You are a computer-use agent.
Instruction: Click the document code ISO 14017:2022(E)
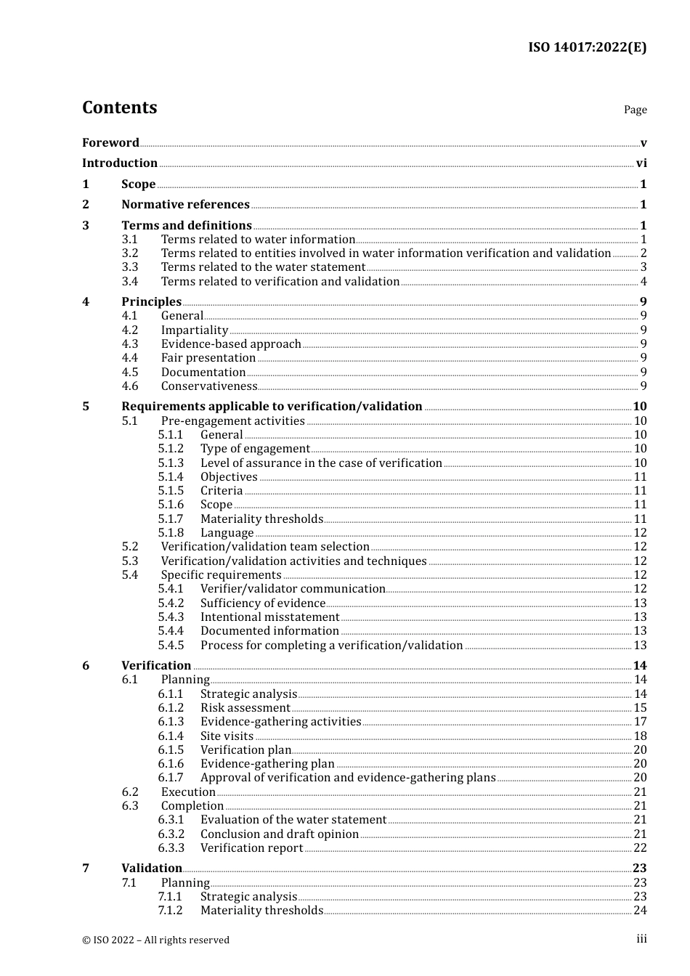587,47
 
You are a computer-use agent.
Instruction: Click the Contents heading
119,107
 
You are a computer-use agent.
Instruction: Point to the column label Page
635,110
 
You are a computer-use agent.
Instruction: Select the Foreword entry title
110,143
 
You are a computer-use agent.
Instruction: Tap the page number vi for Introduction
641,163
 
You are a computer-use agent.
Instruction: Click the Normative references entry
185,205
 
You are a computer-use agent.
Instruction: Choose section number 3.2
130,253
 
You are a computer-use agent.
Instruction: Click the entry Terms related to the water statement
263,267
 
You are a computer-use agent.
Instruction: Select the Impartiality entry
195,330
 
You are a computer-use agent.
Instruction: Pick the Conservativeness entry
209,386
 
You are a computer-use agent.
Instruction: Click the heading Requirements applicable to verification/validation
272,407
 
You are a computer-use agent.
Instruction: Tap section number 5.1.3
171,463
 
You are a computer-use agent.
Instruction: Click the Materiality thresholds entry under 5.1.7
261,519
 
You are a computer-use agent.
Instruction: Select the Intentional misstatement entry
269,617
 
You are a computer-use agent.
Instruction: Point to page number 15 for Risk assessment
640,708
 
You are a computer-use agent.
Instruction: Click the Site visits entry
227,736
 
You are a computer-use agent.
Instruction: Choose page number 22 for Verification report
640,848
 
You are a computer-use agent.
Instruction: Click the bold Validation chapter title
152,869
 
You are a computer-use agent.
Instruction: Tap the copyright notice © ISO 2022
155,940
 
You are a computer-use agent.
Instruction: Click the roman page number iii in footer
641,939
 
